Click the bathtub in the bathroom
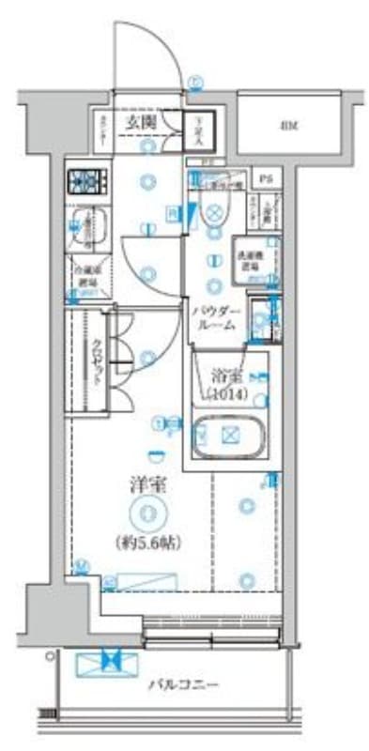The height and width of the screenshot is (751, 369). [228, 436]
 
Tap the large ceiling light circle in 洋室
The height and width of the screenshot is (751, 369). [147, 513]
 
